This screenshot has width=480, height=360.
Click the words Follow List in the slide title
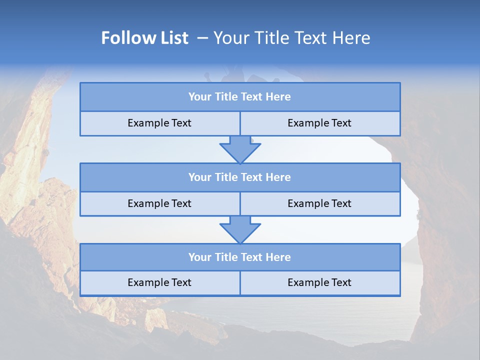click(144, 38)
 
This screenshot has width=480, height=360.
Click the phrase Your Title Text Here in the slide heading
click(291, 38)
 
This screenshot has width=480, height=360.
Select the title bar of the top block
click(239, 97)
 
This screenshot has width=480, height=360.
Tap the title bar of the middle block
click(239, 177)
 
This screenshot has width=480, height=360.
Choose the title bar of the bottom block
click(239, 257)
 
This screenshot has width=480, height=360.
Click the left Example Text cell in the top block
click(159, 123)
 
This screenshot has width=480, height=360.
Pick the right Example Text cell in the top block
click(319, 123)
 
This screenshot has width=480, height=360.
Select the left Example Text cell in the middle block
click(159, 203)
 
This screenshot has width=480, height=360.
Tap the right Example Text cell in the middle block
click(319, 203)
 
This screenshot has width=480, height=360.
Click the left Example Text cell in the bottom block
click(159, 283)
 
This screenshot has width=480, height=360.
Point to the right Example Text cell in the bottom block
click(319, 283)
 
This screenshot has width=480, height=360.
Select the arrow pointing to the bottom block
click(240, 229)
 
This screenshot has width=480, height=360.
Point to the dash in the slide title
click(202, 38)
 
